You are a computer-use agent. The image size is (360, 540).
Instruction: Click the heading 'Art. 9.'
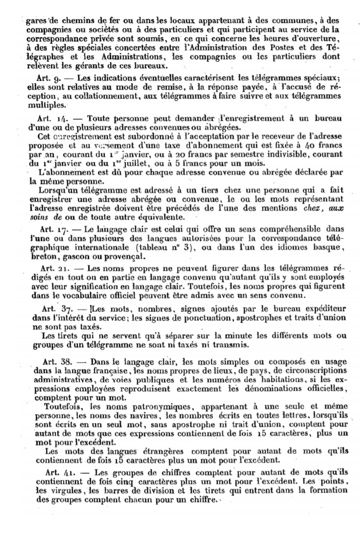coord(49,78)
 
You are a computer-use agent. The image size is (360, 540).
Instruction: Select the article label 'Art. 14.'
coord(50,119)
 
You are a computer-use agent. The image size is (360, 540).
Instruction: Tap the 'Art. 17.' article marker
coord(50,229)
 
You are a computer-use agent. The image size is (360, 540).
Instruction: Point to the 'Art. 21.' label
coord(50,269)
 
